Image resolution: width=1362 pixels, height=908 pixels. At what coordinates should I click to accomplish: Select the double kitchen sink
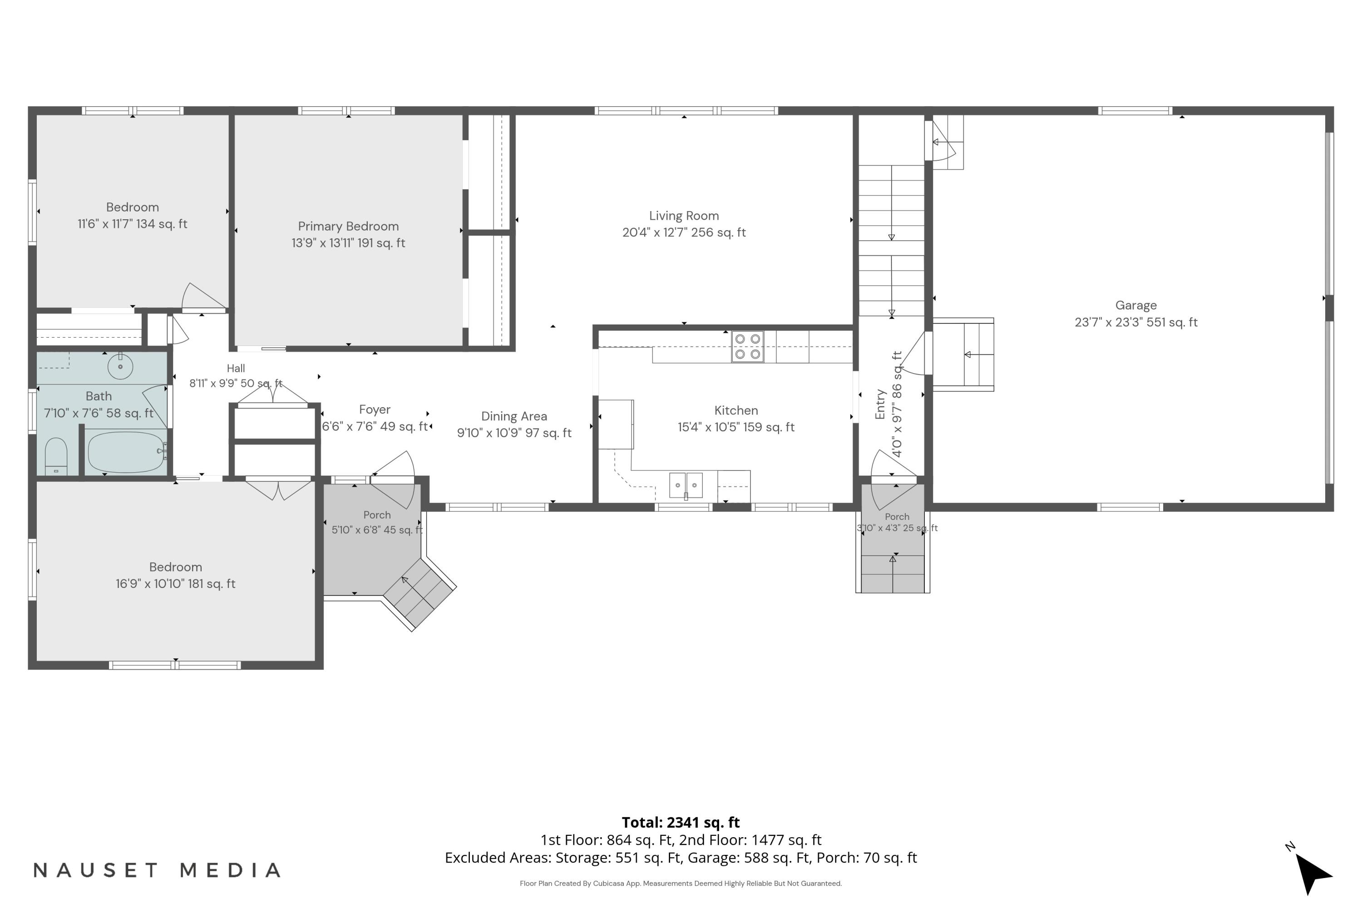(686, 485)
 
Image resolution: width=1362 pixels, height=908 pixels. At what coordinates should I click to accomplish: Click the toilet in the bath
(56, 456)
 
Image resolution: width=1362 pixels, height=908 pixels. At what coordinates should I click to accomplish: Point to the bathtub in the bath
(126, 452)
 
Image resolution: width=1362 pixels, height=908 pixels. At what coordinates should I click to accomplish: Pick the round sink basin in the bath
(120, 366)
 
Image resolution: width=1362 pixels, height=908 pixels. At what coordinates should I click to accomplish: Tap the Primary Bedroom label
(348, 227)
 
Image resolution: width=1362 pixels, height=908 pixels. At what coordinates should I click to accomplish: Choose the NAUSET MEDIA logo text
(157, 870)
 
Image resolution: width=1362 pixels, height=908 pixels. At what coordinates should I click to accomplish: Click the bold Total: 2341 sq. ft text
(681, 822)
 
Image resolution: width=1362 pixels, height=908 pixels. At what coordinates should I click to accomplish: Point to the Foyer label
(375, 410)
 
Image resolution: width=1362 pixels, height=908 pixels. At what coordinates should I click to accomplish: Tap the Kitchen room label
(736, 410)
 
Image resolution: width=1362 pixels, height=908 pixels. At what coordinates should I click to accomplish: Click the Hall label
(236, 368)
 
